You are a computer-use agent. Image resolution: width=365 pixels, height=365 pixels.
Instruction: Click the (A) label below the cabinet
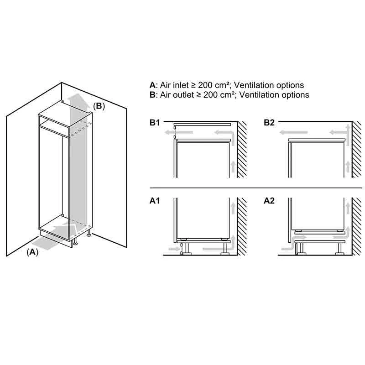coord(32,252)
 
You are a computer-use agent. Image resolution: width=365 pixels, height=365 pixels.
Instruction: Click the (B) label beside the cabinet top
coord(99,106)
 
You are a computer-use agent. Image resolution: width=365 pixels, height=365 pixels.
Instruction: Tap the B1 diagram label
coord(155,122)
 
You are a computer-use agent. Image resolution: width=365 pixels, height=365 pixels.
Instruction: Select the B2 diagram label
coord(269,122)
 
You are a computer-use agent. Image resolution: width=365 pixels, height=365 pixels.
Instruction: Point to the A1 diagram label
coord(155,201)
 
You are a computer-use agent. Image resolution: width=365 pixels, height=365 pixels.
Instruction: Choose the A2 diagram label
coord(269,201)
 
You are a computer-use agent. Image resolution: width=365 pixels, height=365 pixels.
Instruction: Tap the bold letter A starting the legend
coord(152,85)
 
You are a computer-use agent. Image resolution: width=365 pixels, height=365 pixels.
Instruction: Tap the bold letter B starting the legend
coord(152,95)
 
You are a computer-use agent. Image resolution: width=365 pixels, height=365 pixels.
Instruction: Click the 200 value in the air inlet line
coord(205,85)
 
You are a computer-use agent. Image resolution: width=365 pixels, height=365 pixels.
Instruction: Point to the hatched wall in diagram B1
coord(242,150)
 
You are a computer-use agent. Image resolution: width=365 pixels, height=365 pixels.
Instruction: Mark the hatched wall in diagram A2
coord(357,226)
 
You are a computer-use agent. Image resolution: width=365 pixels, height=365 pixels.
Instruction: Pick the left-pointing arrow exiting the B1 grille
coord(179,132)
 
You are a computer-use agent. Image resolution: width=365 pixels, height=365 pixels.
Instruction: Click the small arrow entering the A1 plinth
coord(174,249)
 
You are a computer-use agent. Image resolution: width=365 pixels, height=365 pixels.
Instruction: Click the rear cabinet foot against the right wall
coord(89,234)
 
